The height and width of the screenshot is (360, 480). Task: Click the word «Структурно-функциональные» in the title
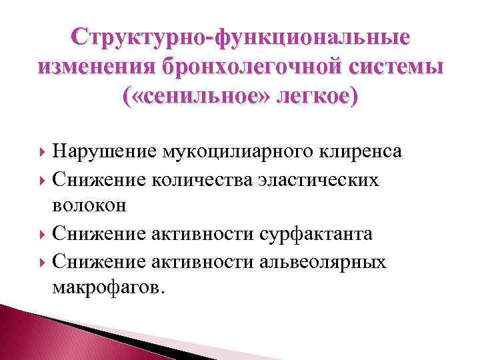pyautogui.click(x=240, y=37)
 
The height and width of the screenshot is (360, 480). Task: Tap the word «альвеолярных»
pyautogui.click(x=322, y=261)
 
